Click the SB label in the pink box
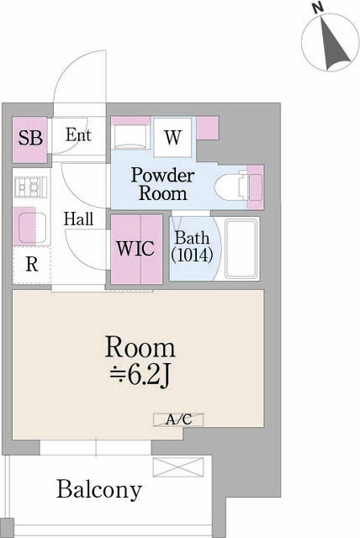point(30,138)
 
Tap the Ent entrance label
point(78,135)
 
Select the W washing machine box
point(172,137)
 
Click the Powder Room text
point(162,184)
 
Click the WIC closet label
point(135,251)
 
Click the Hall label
point(78,219)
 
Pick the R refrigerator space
point(31,265)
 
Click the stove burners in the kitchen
point(30,185)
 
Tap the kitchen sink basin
point(31,226)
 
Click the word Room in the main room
point(140,346)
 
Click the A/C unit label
point(177,419)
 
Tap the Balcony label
point(99,489)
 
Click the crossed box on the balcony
point(177,467)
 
